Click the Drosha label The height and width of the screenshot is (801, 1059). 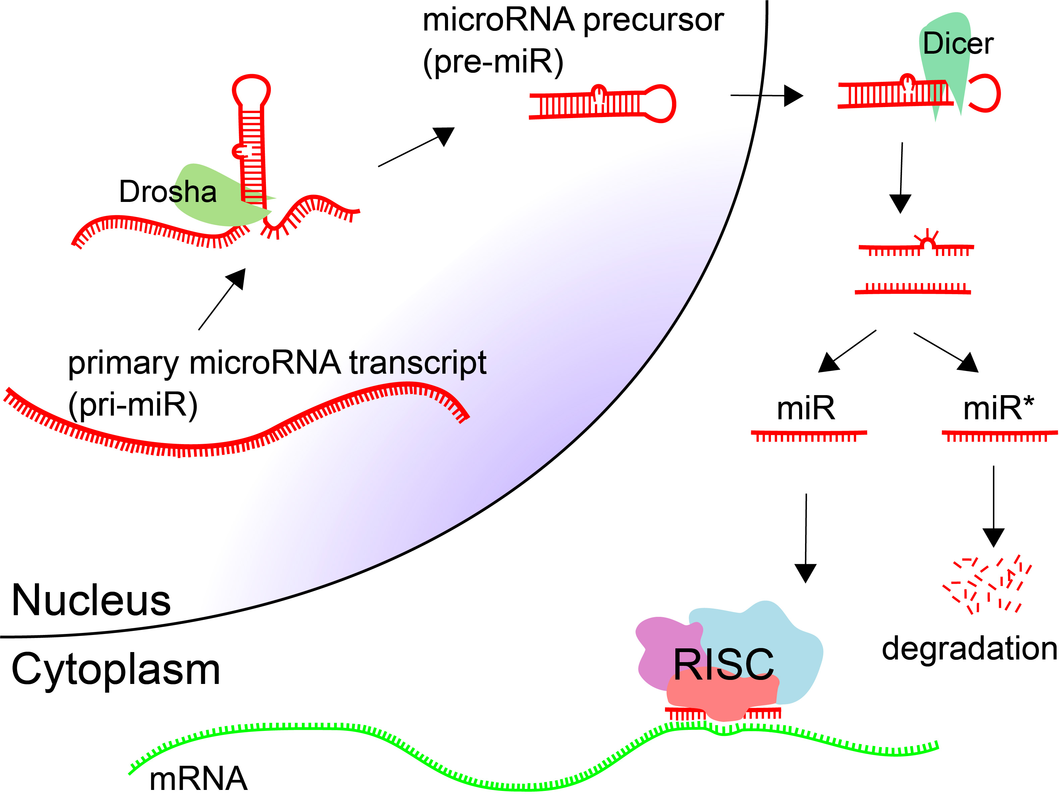pyautogui.click(x=168, y=192)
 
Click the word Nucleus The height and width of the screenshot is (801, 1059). pyautogui.click(x=91, y=600)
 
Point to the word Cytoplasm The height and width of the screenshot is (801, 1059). pyautogui.click(x=115, y=669)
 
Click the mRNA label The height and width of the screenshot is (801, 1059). pyautogui.click(x=198, y=779)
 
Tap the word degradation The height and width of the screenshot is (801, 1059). pyautogui.click(x=969, y=649)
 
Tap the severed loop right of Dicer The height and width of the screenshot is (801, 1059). pyautogui.click(x=986, y=93)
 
